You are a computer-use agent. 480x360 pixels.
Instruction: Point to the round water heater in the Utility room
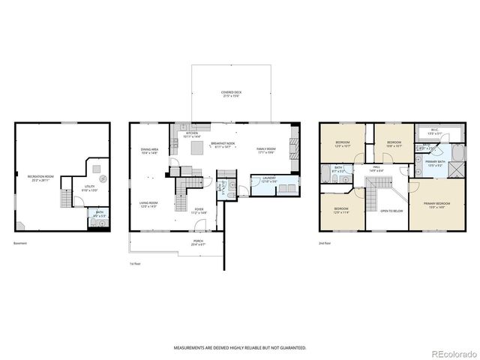pos(103,178)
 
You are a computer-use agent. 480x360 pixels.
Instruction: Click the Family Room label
pos(266,150)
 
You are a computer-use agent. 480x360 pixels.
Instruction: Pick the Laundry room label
pos(268,179)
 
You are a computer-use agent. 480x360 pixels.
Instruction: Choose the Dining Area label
pos(149,151)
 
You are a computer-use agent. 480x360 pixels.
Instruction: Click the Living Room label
pos(148,204)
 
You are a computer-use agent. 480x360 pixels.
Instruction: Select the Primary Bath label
pos(434,163)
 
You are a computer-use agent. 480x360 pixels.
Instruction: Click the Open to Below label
pos(392,211)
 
